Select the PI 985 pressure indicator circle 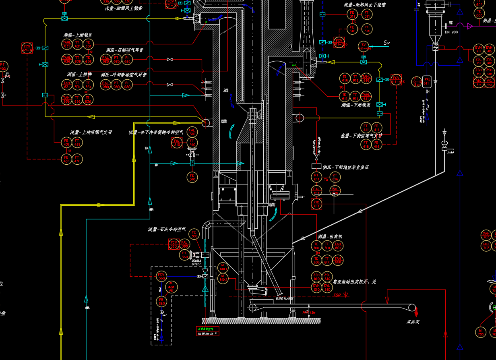click(127, 60)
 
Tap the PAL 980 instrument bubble click(106, 85)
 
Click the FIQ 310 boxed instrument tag click(177, 143)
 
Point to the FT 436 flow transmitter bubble click(77, 159)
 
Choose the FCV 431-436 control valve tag click(27, 48)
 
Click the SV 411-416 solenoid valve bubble click(364, 47)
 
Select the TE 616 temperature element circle click(344, 78)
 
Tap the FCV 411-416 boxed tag click(396, 79)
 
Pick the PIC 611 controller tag click(316, 204)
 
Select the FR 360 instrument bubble click(161, 301)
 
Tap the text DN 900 click(451, 32)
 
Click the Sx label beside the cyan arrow click(386, 43)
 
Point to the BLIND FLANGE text click(284, 298)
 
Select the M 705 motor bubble click(481, 332)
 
